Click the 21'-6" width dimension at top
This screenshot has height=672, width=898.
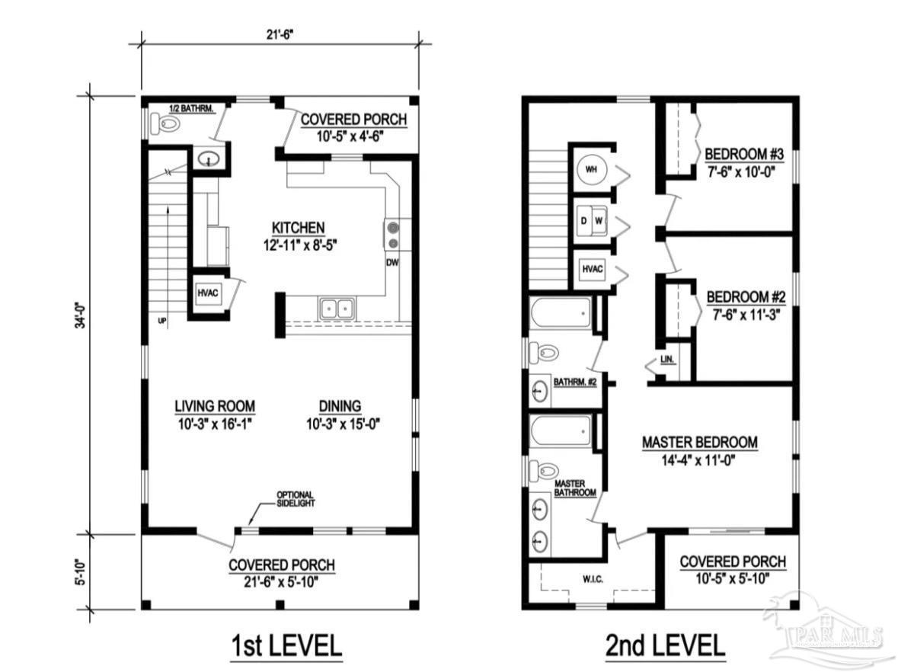[x=280, y=34]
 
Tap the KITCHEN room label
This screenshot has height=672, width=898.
[x=299, y=228]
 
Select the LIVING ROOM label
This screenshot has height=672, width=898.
[x=215, y=406]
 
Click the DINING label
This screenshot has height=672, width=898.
[x=340, y=406]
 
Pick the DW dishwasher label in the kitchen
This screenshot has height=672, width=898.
[x=392, y=263]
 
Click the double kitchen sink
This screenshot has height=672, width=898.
[x=337, y=309]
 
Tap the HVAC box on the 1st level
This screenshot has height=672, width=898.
[x=208, y=293]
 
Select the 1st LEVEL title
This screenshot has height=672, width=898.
[x=286, y=645]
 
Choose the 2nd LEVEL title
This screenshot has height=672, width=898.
[x=665, y=645]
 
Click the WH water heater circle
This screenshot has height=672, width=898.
[x=591, y=170]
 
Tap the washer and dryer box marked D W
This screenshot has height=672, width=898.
[x=591, y=220]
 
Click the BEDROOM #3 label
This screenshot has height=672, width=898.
[x=744, y=154]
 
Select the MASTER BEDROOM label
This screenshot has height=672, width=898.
[x=700, y=442]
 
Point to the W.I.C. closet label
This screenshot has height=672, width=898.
[x=593, y=580]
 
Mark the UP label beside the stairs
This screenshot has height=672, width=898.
[x=162, y=322]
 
